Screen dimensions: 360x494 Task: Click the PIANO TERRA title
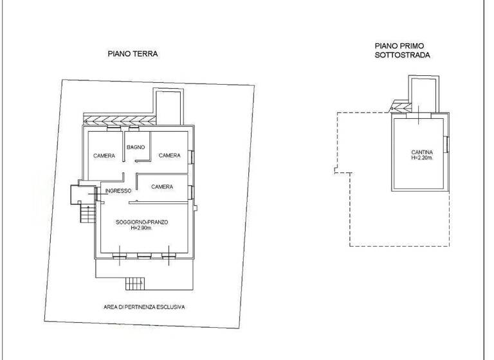pyautogui.click(x=133, y=55)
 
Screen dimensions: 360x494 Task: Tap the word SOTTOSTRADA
pyautogui.click(x=402, y=56)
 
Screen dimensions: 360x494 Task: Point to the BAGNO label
pyautogui.click(x=136, y=148)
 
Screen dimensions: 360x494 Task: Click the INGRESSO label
pyautogui.click(x=119, y=191)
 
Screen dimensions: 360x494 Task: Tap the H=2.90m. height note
pyautogui.click(x=142, y=228)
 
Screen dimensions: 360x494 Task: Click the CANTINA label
pyautogui.click(x=422, y=152)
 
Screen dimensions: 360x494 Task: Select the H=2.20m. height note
pyautogui.click(x=422, y=158)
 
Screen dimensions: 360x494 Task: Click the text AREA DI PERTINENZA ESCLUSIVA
pyautogui.click(x=144, y=307)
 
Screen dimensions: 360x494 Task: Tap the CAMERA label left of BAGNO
pyautogui.click(x=104, y=156)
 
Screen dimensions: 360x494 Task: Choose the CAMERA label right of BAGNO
pyautogui.click(x=169, y=156)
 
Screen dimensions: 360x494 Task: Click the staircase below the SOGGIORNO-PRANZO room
pyautogui.click(x=134, y=282)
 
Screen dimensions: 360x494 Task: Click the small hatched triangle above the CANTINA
pyautogui.click(x=398, y=107)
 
